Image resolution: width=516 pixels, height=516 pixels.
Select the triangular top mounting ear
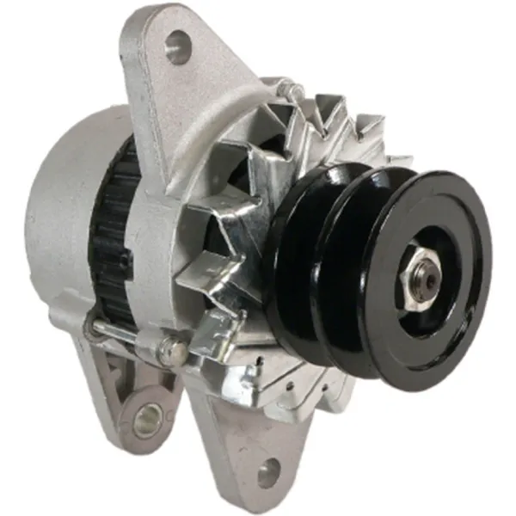172,69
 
